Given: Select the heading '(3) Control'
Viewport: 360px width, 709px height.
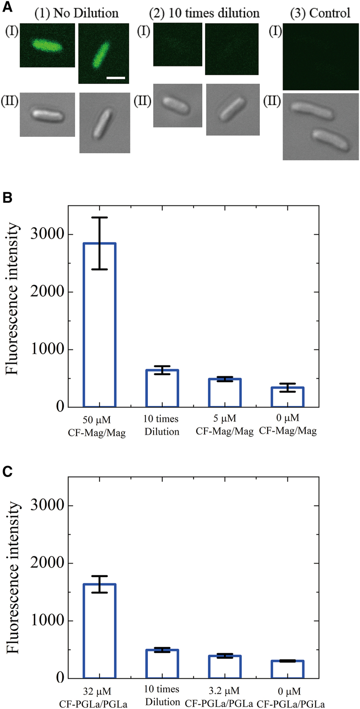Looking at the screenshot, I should [x=317, y=13].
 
